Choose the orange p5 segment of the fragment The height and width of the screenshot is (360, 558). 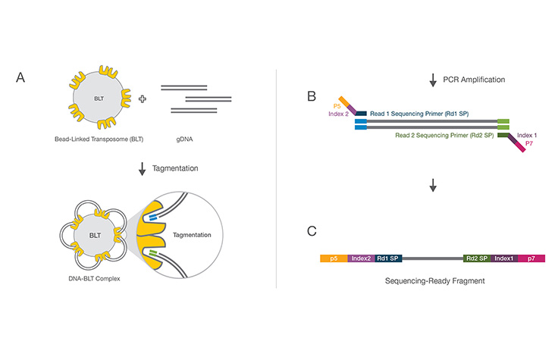[334, 258]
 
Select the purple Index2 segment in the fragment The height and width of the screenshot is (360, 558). [361, 258]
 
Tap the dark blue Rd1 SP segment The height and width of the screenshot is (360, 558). [388, 258]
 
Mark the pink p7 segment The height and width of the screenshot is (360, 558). [531, 258]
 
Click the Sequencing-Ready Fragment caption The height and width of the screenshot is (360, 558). [433, 281]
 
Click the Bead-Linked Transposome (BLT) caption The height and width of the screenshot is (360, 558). [99, 139]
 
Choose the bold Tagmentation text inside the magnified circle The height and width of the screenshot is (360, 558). [195, 234]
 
